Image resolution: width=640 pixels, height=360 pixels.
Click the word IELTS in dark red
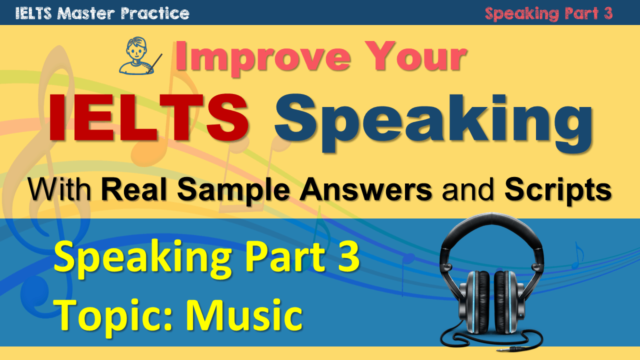pyautogui.click(x=148, y=117)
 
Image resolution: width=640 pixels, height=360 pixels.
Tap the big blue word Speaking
pyautogui.click(x=433, y=123)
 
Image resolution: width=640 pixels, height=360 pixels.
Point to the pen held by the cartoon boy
pyautogui.click(x=155, y=63)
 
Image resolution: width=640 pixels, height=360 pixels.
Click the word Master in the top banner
pyautogui.click(x=85, y=13)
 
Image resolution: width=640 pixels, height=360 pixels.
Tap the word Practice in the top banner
pyautogui.click(x=155, y=13)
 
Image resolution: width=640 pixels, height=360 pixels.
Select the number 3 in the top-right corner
pyautogui.click(x=608, y=13)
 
